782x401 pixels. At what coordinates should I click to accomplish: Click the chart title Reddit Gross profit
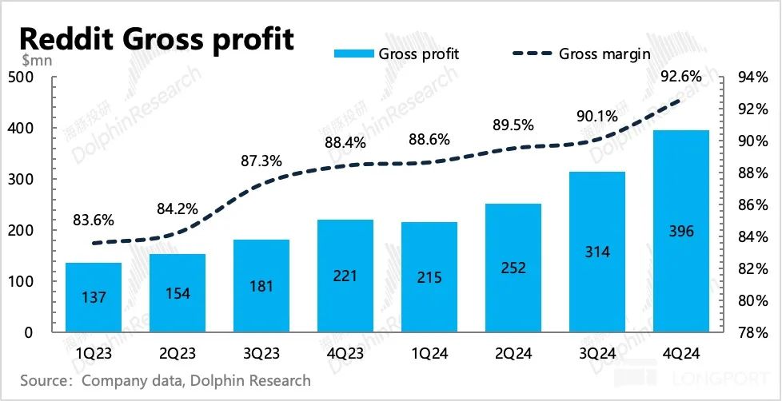[157, 38]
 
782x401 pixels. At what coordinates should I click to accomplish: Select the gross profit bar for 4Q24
[681, 232]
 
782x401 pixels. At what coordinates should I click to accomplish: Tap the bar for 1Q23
[94, 297]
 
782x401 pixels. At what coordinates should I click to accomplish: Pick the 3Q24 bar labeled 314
[597, 252]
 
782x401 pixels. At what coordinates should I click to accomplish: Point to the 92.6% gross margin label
[681, 77]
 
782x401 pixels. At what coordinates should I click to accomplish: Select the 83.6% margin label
[94, 220]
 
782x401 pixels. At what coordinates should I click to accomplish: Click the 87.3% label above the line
[261, 161]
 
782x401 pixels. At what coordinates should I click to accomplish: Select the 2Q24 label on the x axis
[513, 352]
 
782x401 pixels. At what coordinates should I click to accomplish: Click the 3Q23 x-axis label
[261, 352]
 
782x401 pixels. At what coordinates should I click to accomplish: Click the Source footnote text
[166, 380]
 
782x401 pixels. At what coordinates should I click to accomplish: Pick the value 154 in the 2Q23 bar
[178, 293]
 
